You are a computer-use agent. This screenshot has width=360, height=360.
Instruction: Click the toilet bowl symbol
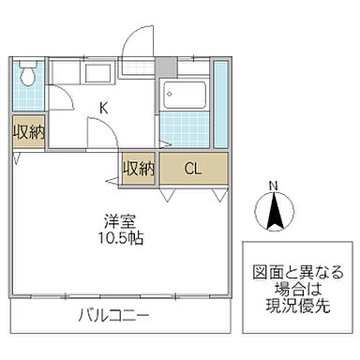[x=27, y=73]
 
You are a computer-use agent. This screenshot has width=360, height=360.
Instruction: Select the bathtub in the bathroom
[x=184, y=93]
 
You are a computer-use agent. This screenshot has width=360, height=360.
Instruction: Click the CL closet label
[x=192, y=169]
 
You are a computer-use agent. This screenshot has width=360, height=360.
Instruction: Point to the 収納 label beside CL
[x=138, y=169]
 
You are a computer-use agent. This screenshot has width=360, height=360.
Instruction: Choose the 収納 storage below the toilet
[x=27, y=132]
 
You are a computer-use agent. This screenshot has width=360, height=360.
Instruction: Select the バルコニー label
[x=114, y=313]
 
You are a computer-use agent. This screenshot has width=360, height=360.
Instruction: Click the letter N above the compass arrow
[x=273, y=185]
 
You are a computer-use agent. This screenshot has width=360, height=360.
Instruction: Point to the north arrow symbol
[x=273, y=214]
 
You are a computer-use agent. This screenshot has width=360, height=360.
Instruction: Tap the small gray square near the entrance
[x=166, y=67]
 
